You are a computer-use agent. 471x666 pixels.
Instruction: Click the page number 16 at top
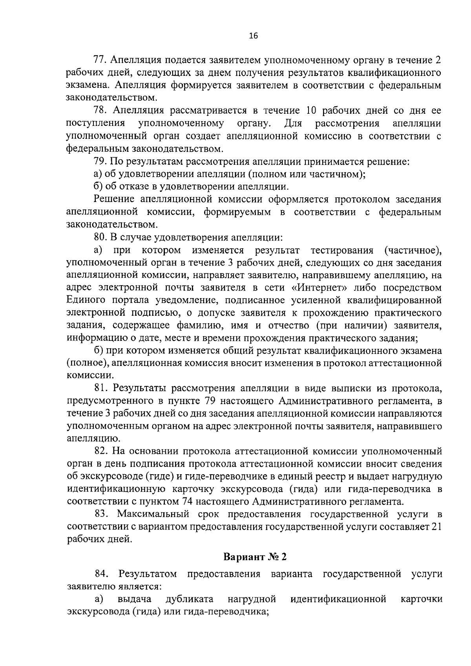coord(253,36)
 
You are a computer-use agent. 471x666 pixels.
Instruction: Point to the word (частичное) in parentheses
coord(413,250)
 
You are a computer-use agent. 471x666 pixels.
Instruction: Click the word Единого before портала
coord(86,300)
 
